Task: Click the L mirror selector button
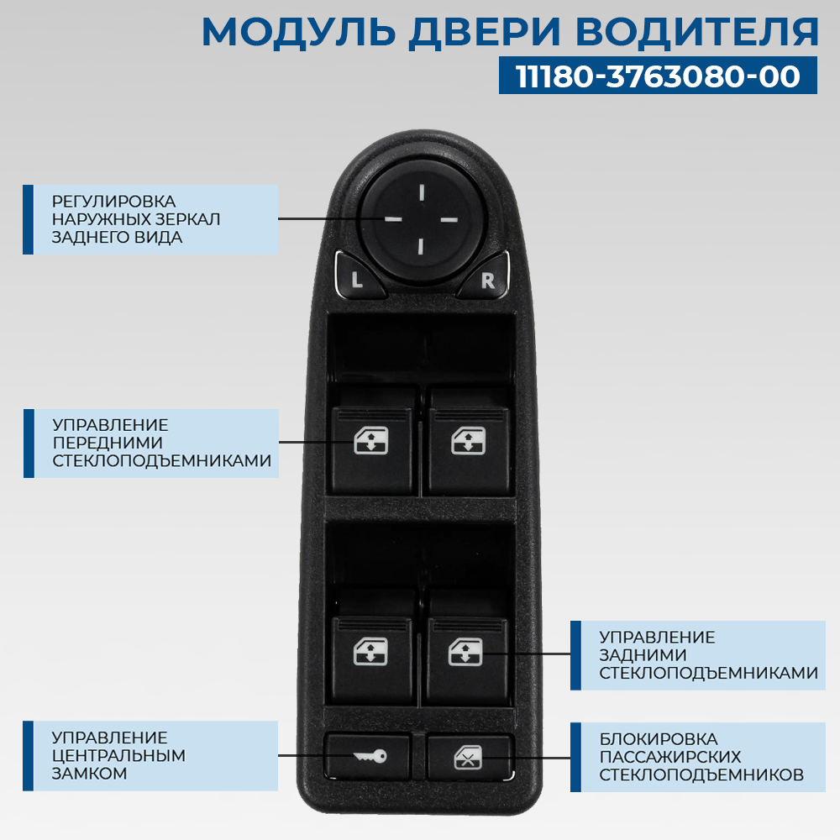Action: click(357, 281)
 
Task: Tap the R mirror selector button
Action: click(487, 281)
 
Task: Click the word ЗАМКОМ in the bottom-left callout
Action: click(89, 773)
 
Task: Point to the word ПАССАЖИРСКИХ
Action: click(670, 757)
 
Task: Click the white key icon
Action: click(370, 757)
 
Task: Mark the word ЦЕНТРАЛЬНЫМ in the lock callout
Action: click(118, 755)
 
